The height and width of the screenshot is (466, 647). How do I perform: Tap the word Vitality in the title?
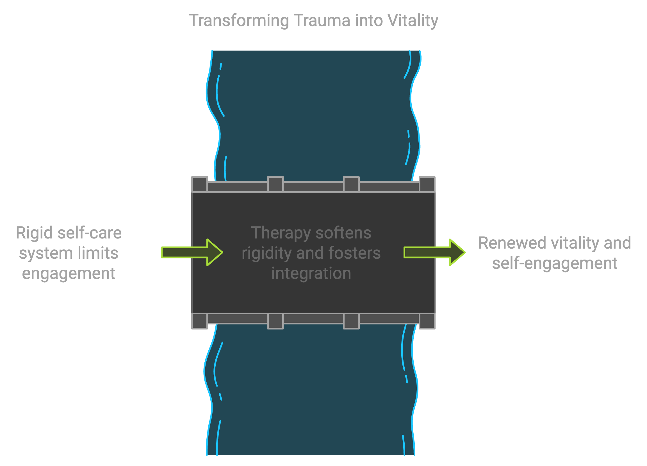tap(413, 21)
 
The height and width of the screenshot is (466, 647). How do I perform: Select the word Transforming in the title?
tap(239, 21)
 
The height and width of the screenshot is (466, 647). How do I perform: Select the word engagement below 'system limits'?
tap(69, 273)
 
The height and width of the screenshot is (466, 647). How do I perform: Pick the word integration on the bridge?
tap(311, 273)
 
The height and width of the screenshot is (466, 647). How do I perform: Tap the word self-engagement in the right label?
tap(555, 263)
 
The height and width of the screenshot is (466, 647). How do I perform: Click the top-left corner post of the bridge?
tap(199, 184)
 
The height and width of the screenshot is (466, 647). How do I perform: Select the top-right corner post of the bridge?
tap(427, 184)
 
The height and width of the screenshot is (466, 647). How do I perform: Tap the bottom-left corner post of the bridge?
tap(199, 321)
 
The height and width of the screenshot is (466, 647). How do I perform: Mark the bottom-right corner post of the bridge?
tap(427, 321)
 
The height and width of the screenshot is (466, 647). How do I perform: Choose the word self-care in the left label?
tap(89, 233)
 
